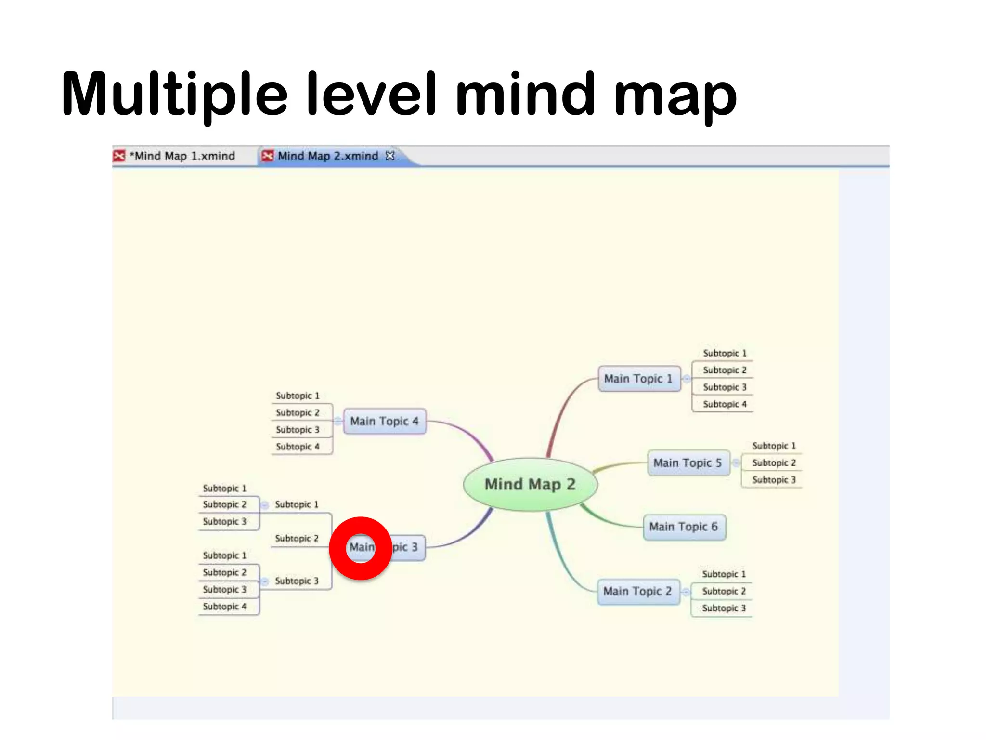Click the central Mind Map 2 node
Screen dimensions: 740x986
[x=530, y=484]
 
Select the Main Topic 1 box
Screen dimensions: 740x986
[x=639, y=379]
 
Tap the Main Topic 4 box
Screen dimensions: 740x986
[x=384, y=422]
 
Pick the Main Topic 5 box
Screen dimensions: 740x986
[x=688, y=463]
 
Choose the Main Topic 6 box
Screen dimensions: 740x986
[x=684, y=527]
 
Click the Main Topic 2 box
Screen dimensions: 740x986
[x=638, y=591]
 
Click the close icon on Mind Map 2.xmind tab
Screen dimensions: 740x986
[x=390, y=156]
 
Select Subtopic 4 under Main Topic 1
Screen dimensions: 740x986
[x=725, y=404]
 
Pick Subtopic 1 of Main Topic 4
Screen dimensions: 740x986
[x=298, y=396]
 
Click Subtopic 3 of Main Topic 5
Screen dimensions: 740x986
[x=774, y=480]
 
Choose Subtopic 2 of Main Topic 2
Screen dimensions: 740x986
[x=724, y=591]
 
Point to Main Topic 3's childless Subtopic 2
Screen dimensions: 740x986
[x=297, y=539]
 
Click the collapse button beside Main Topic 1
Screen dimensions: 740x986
[x=687, y=379]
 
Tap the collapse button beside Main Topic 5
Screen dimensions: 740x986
[x=736, y=463]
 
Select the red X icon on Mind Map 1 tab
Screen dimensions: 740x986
[x=119, y=156]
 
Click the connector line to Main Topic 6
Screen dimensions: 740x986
[x=611, y=520]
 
